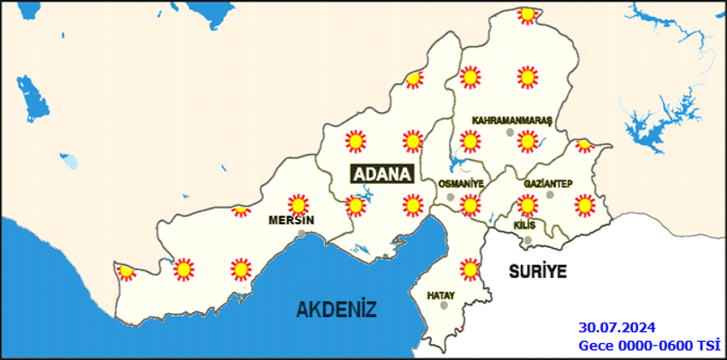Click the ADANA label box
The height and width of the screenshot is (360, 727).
[382, 173]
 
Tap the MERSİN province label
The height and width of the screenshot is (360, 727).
[291, 220]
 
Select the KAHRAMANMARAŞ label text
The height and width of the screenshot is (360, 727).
[513, 121]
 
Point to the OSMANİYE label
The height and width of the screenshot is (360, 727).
[460, 184]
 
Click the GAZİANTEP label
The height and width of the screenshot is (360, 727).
[547, 184]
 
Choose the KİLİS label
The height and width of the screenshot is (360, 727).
[524, 224]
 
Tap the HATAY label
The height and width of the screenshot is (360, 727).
[440, 296]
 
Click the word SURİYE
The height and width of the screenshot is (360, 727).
[538, 271]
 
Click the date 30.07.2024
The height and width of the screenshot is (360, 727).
[617, 328]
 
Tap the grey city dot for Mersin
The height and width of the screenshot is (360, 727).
[301, 233]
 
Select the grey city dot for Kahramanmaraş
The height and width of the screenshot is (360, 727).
[510, 133]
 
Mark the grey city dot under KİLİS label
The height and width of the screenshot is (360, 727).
[527, 215]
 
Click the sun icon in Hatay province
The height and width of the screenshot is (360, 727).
[469, 269]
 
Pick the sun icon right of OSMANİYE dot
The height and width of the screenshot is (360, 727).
[469, 204]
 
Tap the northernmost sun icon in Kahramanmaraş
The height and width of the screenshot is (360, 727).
[527, 15]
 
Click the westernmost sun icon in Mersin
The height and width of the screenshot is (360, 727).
[127, 272]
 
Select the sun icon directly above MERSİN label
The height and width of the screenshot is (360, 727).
[298, 204]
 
